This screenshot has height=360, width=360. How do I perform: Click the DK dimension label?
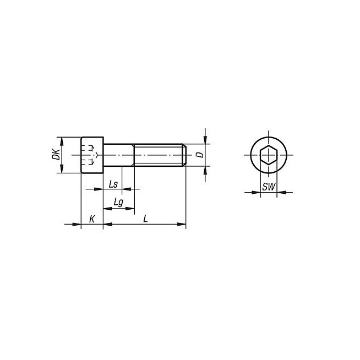56,154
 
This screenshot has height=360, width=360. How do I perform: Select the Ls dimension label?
113,184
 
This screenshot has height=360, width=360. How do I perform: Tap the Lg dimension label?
119,203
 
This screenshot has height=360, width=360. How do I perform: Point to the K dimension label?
92,219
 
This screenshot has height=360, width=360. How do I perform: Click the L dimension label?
145,219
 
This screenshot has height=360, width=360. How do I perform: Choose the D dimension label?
201,155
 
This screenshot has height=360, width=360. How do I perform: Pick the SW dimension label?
269,187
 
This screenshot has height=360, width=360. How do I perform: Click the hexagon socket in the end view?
269,155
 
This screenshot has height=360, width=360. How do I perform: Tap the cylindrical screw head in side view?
92,155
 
